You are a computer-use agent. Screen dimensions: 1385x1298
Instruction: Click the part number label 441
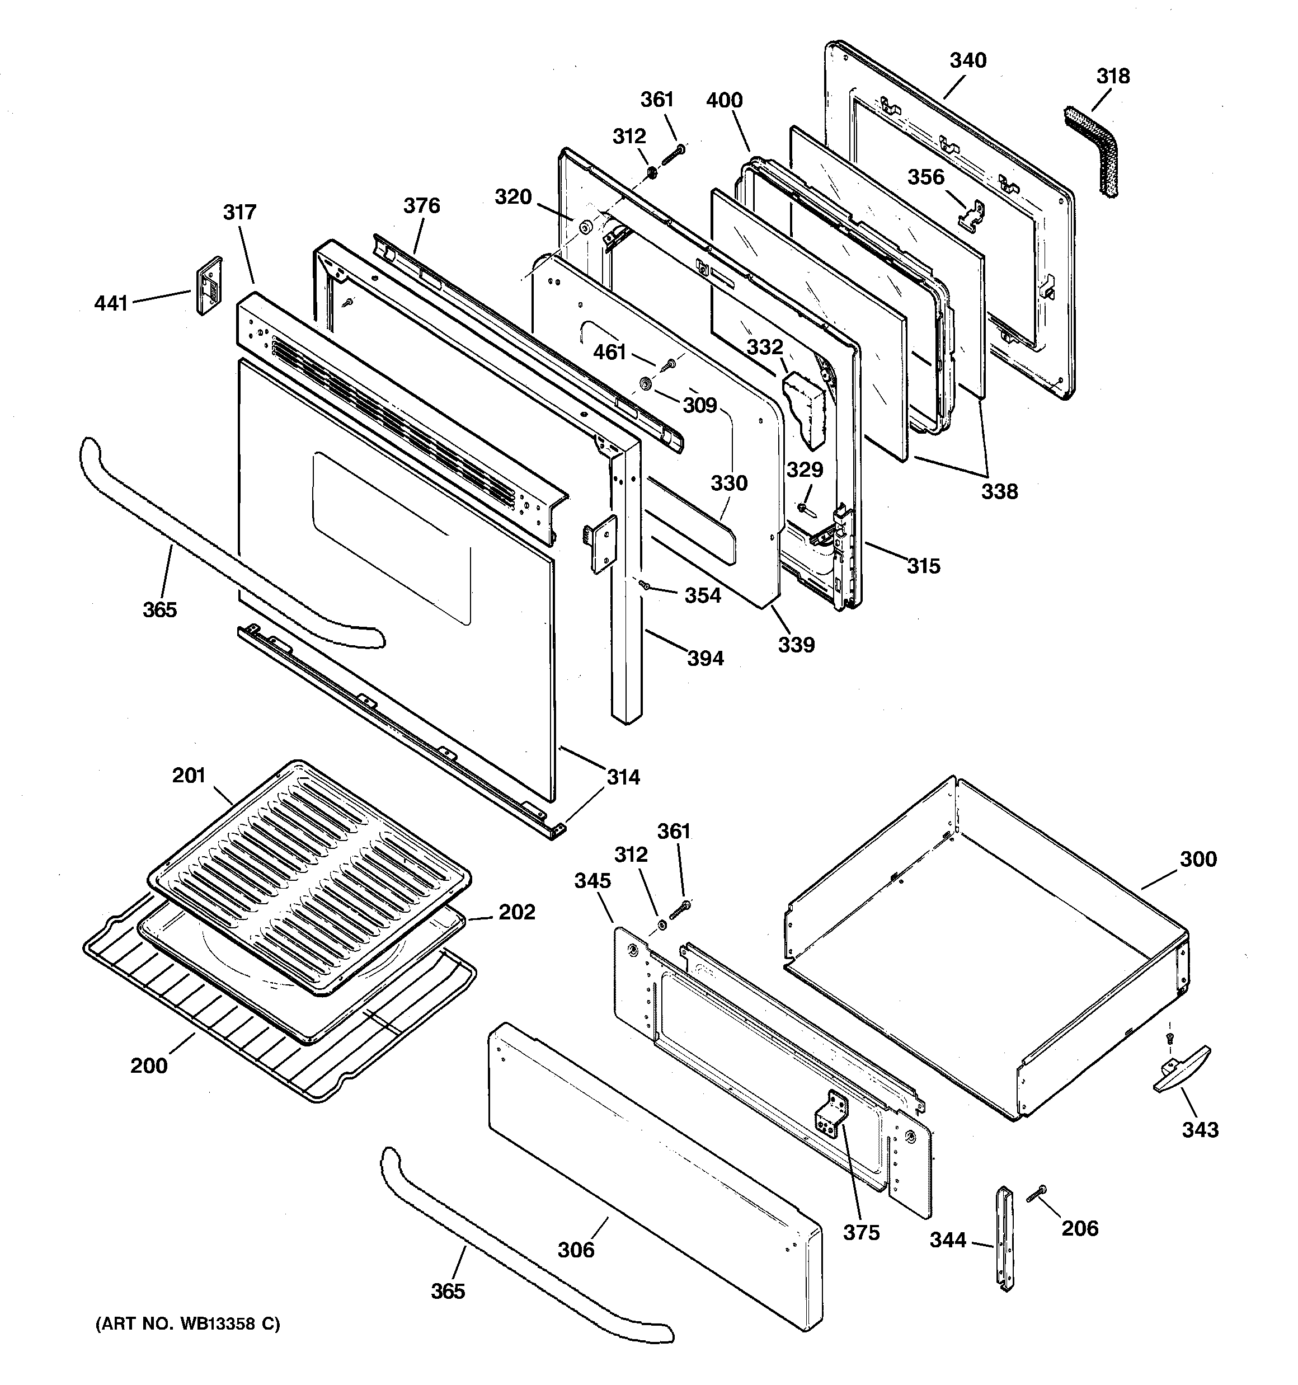coord(111,303)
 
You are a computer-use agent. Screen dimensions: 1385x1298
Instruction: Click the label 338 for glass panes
coord(999,491)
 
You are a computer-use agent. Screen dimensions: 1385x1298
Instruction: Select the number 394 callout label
coord(705,658)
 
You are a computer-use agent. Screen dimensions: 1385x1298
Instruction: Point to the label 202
coord(516,912)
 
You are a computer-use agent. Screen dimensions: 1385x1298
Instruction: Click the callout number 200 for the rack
coord(148,1065)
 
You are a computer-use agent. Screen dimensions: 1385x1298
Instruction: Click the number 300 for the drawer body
coord(1198,858)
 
